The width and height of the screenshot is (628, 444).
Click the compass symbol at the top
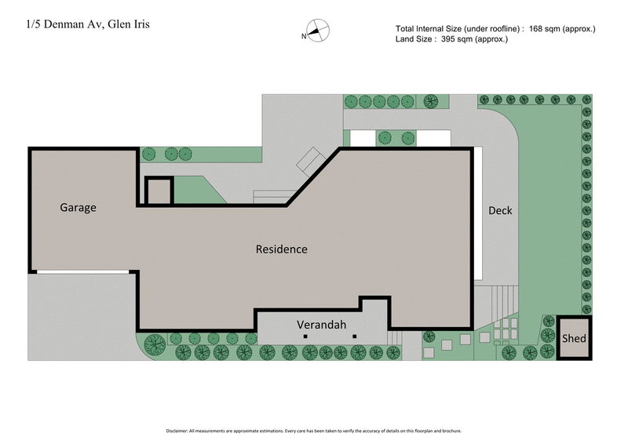pos(318,31)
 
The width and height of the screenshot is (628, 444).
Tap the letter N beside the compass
pos(305,36)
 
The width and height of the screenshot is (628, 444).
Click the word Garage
pos(78,208)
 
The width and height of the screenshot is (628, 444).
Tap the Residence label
pos(282,249)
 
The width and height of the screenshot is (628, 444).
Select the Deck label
pos(500,210)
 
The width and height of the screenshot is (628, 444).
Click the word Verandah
pos(322,324)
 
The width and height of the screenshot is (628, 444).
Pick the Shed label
pos(574,338)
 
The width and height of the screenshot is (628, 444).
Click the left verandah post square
pos(305,337)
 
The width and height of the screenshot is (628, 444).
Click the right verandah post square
pos(355,337)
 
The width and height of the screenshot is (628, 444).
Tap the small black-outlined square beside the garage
pos(159,191)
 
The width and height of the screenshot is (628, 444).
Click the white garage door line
pos(82,272)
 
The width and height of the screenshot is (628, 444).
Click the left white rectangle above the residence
pos(362,138)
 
